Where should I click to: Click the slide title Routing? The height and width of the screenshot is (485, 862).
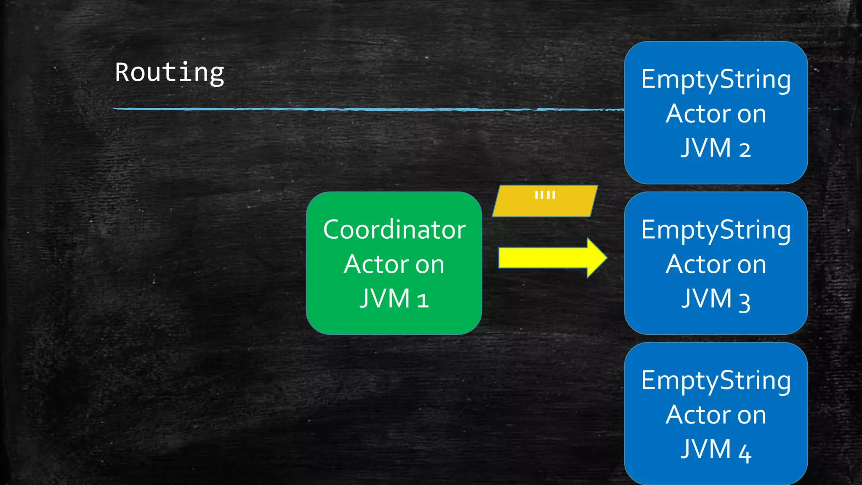[x=169, y=73]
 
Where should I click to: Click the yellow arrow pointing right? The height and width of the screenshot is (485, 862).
[x=547, y=258]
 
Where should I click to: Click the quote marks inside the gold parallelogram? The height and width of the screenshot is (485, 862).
[x=545, y=195]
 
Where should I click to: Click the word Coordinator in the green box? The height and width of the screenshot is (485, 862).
[x=394, y=230]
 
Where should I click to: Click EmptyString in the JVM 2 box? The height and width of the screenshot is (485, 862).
[x=716, y=80]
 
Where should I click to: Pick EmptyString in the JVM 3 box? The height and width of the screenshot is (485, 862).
[x=716, y=231]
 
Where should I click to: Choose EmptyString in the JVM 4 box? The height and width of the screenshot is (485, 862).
[x=716, y=381]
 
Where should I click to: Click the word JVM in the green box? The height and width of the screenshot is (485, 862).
[x=385, y=298]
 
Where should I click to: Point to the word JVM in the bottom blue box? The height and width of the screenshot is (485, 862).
[x=706, y=449]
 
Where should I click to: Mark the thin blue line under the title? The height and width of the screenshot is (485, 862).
[x=337, y=109]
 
